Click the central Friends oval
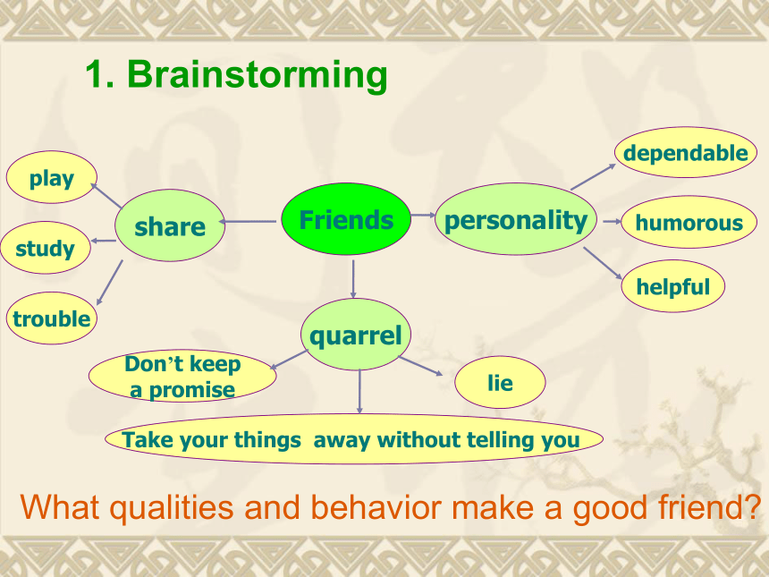(x=346, y=219)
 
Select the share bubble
(x=170, y=225)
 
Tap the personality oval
(x=516, y=219)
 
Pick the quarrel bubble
(x=356, y=335)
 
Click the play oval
(x=52, y=177)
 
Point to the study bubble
(x=45, y=248)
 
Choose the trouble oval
(x=52, y=318)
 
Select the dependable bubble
(x=686, y=152)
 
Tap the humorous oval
(x=689, y=222)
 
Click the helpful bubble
(x=672, y=286)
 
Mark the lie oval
(x=500, y=382)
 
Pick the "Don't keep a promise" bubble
(x=182, y=376)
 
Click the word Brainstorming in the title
(x=258, y=74)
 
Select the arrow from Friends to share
(x=248, y=222)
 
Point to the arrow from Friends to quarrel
(x=353, y=279)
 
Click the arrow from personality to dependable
(x=593, y=176)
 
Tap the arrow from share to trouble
(x=109, y=283)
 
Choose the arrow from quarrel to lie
(x=421, y=367)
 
